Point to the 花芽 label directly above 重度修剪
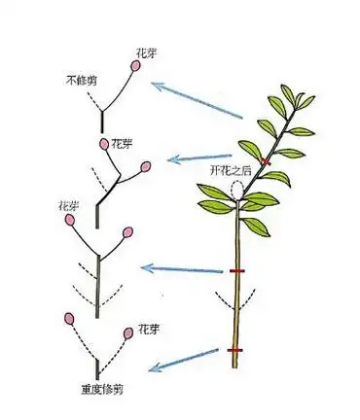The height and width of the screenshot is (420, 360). click(x=149, y=330)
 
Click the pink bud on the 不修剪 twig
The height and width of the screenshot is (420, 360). click(x=134, y=65)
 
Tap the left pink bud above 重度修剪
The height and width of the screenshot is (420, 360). click(x=68, y=318)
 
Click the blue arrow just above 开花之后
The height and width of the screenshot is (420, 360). click(x=199, y=156)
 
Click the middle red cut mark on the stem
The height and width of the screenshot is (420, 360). click(x=235, y=270)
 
